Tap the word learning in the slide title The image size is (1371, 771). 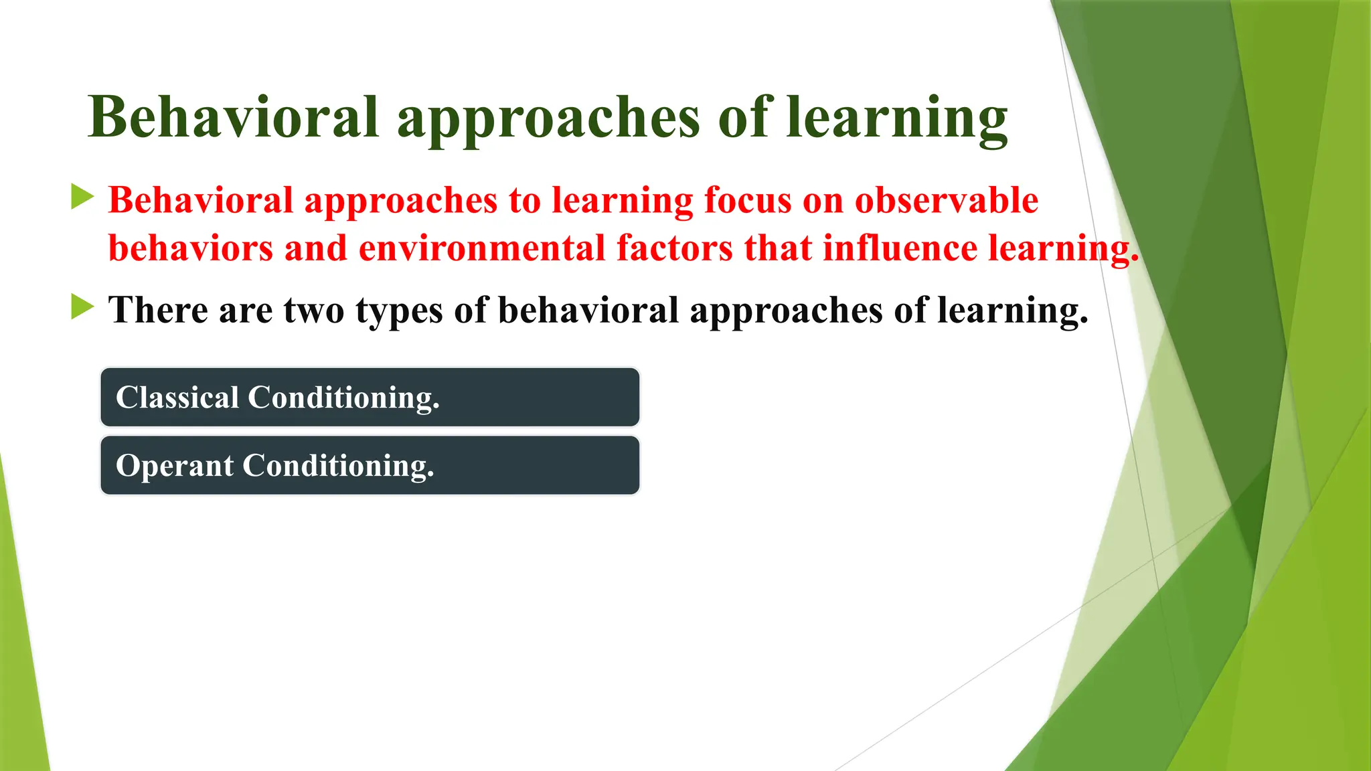pos(897,117)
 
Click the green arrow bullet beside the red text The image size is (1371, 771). pos(82,197)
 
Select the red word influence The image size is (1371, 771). pos(900,248)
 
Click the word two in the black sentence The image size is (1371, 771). pos(313,311)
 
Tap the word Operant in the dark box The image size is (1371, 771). pos(175,466)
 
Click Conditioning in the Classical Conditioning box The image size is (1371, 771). pos(343,398)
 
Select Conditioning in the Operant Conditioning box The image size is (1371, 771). pos(337,466)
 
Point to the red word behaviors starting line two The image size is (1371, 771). pos(191,248)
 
